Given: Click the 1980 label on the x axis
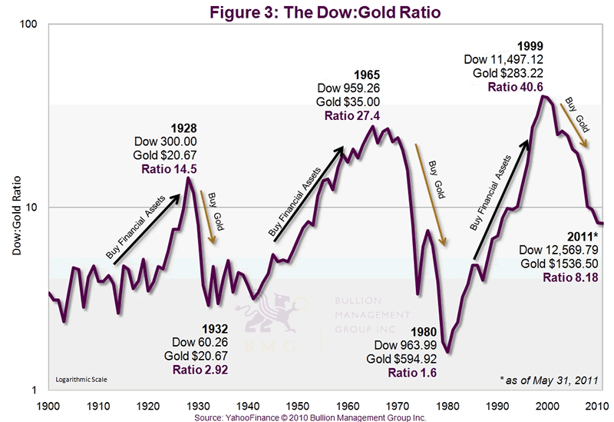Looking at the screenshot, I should [x=450, y=404].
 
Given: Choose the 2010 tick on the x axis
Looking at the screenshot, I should [x=599, y=404].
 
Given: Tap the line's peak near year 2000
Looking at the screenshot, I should [x=544, y=96].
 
